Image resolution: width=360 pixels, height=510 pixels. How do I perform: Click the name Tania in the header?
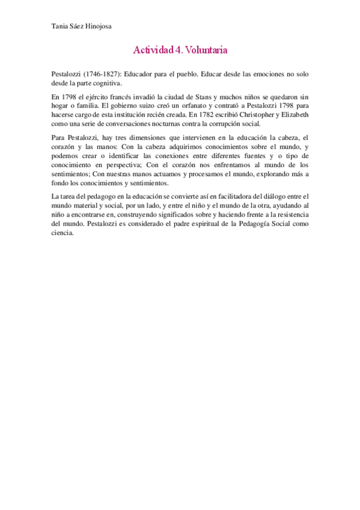pyautogui.click(x=61, y=26)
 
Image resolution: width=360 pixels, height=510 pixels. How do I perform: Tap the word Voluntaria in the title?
pyautogui.click(x=206, y=51)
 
